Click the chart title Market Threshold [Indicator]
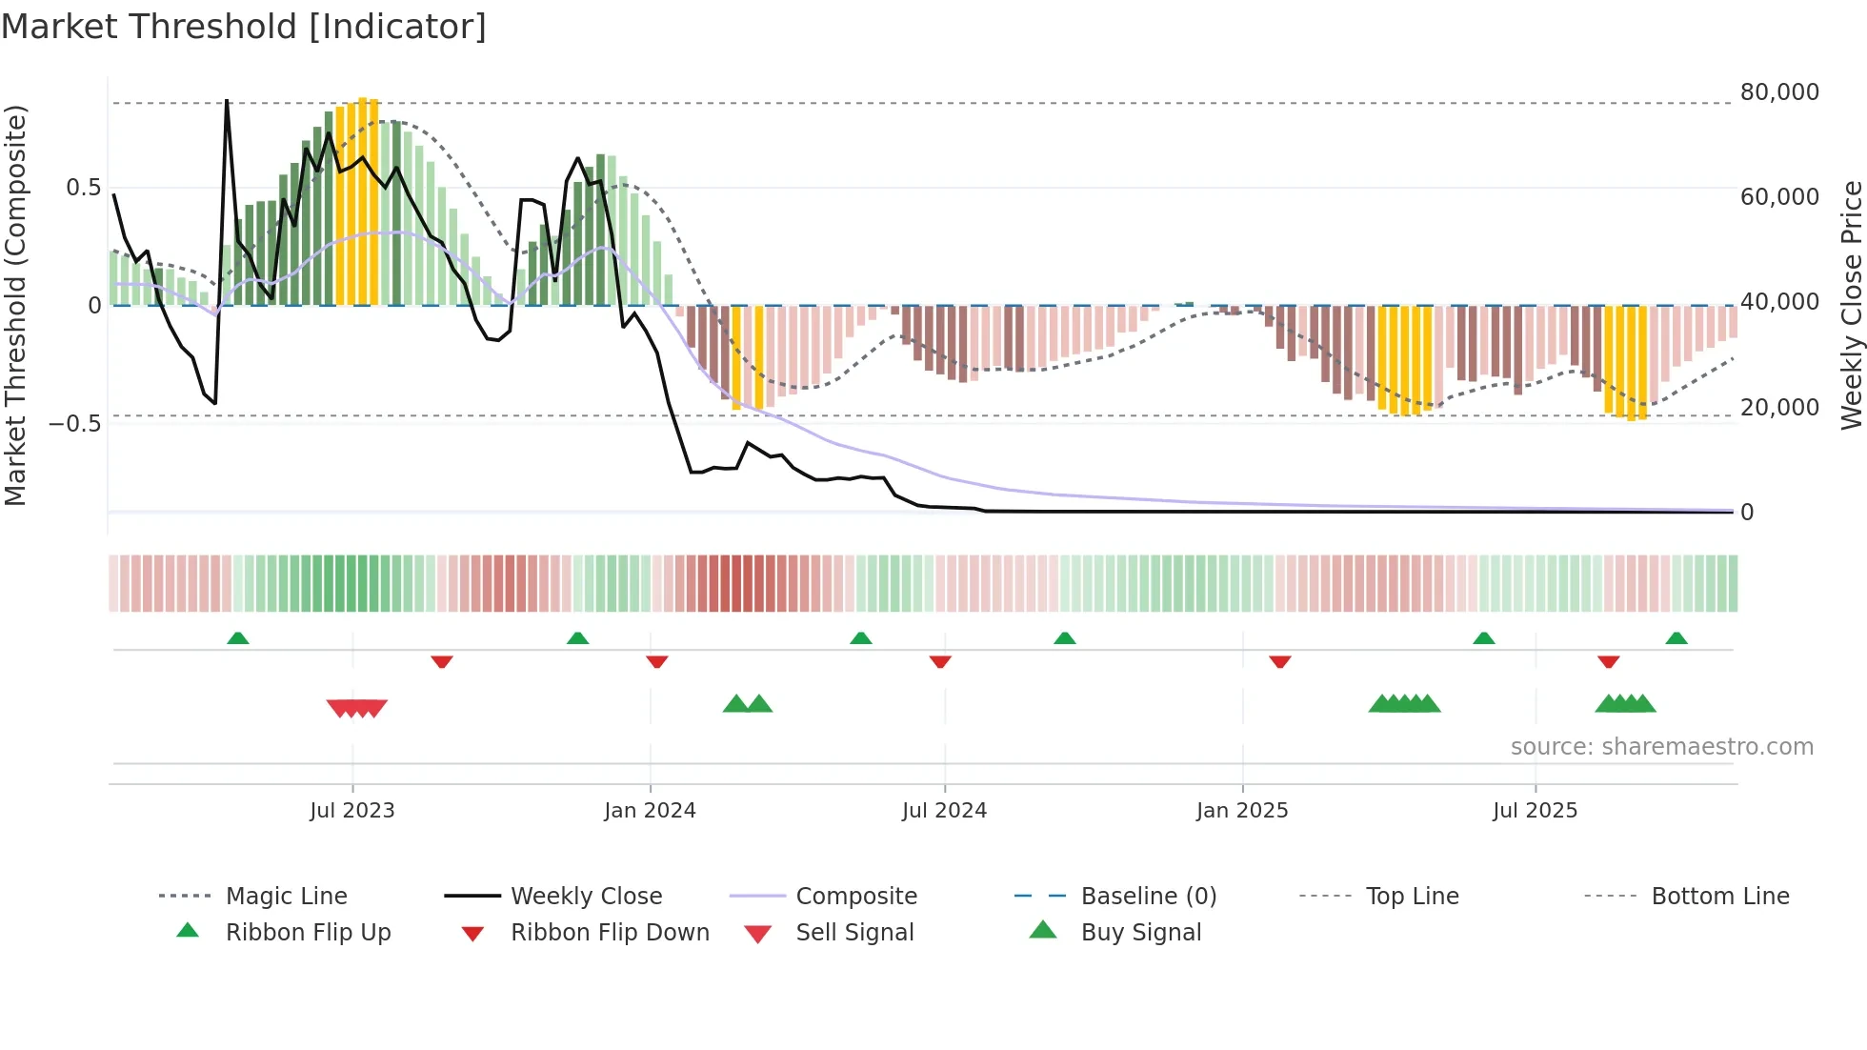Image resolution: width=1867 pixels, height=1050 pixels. pos(244,27)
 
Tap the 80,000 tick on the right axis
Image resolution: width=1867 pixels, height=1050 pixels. pos(1778,92)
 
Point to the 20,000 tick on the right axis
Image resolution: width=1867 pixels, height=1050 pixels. pos(1778,408)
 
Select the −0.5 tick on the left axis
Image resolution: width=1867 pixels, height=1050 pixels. pos(75,423)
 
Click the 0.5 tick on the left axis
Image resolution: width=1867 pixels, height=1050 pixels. pos(83,188)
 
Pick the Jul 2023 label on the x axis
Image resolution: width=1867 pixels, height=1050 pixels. pos(351,811)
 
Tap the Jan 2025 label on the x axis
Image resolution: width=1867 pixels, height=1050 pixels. pos(1241,811)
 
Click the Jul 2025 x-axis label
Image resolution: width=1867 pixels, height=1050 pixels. pos(1535,811)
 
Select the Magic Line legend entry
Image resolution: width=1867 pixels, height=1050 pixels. pos(286,897)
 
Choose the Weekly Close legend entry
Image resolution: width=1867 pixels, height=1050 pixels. pos(586,897)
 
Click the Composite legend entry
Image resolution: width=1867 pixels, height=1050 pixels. pos(855,897)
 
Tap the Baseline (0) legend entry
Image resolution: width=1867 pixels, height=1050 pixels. pos(1148,897)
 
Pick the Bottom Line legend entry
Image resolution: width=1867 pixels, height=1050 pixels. pos(1719,897)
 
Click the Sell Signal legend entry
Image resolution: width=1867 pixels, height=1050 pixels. pos(853,933)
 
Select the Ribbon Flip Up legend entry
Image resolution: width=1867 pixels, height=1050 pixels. pos(308,933)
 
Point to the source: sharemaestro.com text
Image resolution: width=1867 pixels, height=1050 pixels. pos(1661,747)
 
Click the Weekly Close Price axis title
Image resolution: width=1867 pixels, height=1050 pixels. pos(1851,305)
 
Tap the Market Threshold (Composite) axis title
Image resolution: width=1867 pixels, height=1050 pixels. pos(15,305)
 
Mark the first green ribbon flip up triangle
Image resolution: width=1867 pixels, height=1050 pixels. pos(238,638)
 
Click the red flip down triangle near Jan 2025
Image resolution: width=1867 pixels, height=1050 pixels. pos(1279,661)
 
